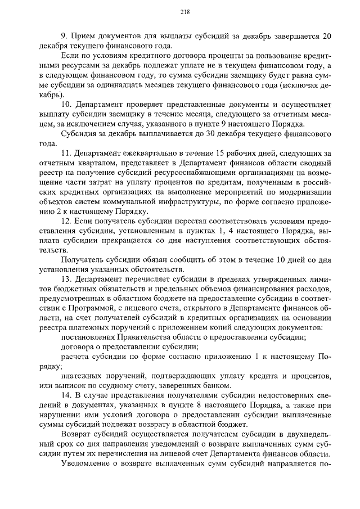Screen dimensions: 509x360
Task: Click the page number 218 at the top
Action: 183,12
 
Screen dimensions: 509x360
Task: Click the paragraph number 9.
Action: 62,37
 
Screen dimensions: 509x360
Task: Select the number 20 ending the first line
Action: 326,37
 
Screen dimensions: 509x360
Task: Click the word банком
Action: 215,385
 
